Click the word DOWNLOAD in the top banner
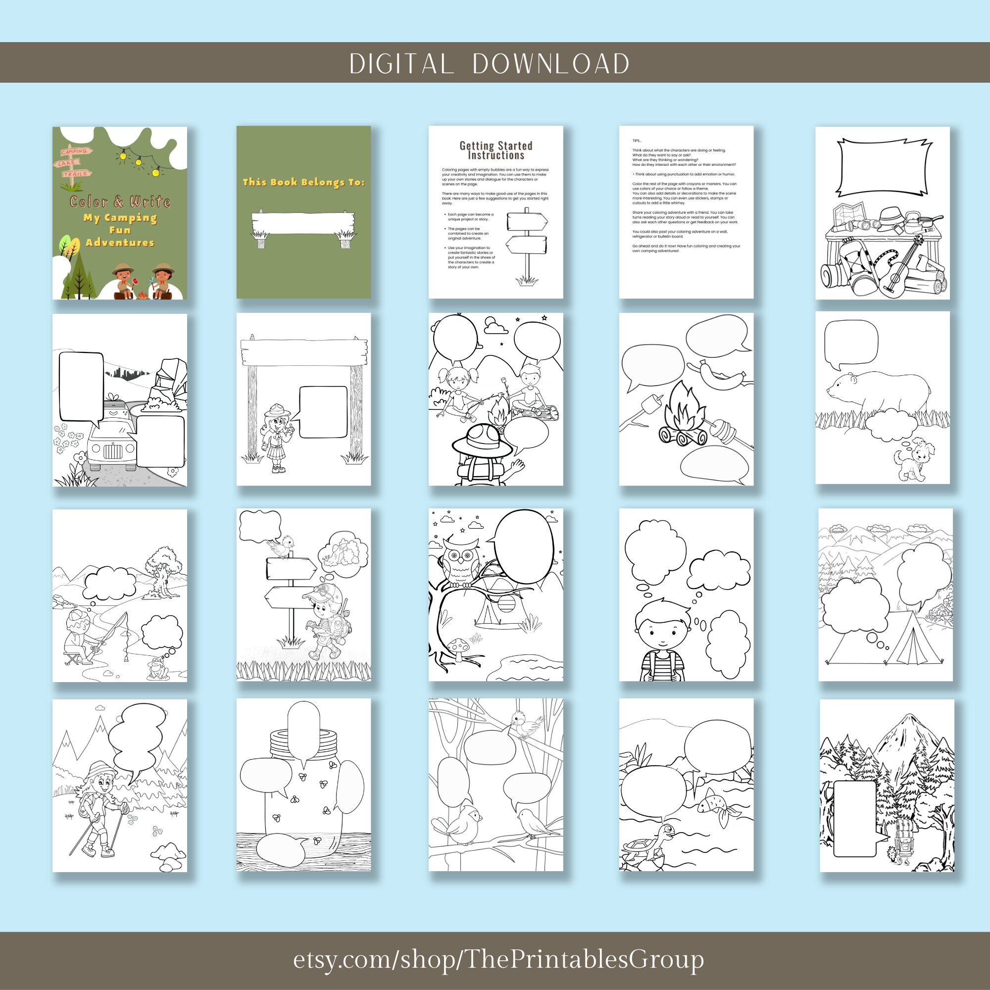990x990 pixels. point(551,63)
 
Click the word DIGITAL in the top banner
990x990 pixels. point(401,63)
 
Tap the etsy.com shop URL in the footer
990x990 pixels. point(498,959)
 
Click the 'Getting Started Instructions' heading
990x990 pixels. point(495,150)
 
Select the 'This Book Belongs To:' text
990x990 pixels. point(303,182)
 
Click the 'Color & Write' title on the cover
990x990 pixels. point(120,201)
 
